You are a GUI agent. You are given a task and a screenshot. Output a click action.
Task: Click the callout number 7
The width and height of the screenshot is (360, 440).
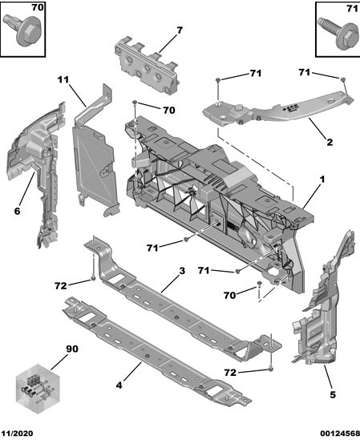click(180, 30)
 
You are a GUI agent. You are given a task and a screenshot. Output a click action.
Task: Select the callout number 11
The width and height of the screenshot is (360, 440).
click(63, 79)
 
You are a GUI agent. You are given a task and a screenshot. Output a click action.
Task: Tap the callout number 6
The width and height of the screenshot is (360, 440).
click(17, 211)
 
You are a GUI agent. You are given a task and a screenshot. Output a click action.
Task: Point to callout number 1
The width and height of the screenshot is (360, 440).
click(322, 179)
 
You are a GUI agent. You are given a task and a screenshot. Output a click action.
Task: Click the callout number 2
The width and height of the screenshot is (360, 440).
click(330, 142)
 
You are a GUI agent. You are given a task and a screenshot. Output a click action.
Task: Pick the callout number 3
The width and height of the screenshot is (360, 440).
click(182, 271)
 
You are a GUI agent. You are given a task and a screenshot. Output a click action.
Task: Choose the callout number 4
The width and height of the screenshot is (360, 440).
click(119, 385)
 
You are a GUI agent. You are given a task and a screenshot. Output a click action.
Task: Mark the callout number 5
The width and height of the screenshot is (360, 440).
click(333, 395)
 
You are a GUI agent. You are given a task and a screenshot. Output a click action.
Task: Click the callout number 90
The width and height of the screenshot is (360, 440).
click(72, 349)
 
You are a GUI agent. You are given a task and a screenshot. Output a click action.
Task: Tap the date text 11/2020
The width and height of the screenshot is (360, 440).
click(17, 434)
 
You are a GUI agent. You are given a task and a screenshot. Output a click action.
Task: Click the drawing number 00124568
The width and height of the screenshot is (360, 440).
click(340, 434)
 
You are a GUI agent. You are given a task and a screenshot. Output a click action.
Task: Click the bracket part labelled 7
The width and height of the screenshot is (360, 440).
click(147, 67)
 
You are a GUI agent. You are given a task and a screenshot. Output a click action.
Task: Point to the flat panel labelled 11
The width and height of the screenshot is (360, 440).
click(95, 157)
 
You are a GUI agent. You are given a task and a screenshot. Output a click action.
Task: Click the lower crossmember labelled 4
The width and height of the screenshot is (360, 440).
click(156, 351)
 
